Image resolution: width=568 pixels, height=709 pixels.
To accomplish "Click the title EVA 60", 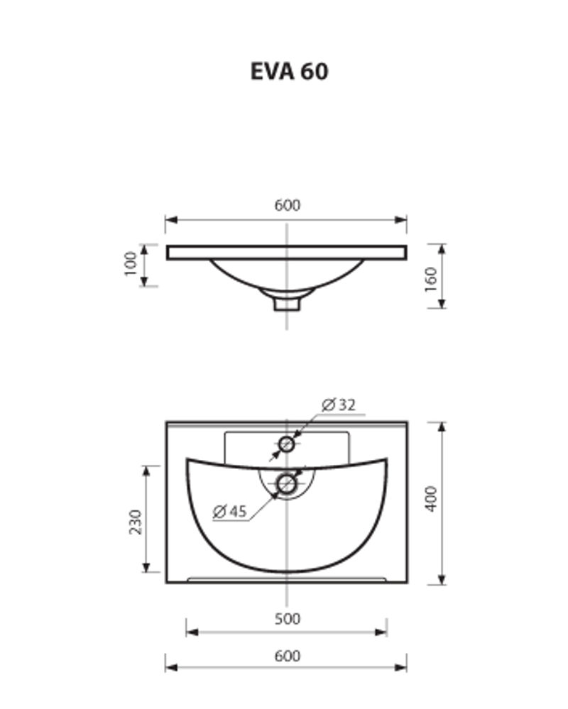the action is tap(290, 72).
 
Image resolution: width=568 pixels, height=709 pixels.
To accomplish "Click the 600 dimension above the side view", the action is tap(287, 205).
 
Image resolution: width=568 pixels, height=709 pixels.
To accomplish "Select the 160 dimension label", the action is tap(431, 280).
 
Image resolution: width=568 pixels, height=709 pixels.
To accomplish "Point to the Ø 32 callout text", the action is tap(339, 405).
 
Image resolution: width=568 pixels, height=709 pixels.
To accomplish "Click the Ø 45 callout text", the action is tap(230, 512).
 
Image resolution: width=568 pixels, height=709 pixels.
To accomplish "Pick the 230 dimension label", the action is tap(135, 522).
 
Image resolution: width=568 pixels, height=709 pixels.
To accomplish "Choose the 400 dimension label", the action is tap(432, 499).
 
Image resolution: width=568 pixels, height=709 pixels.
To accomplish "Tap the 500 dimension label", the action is tap(287, 619).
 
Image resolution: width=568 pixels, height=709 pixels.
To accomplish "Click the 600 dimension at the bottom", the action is tap(287, 656).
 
